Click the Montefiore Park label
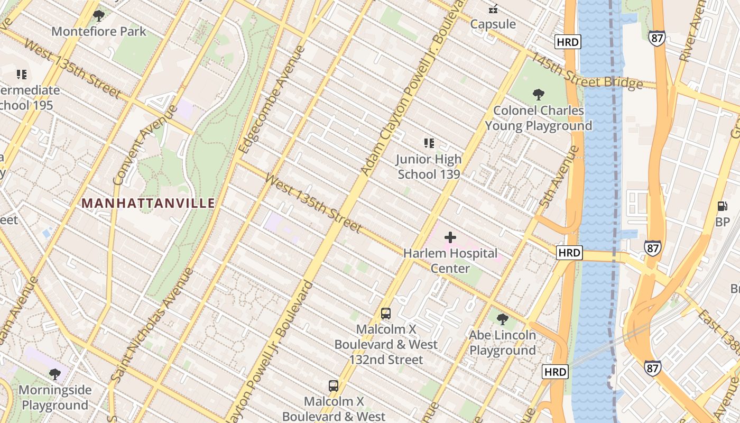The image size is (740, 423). point(99,31)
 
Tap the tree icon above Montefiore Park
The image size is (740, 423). point(99,16)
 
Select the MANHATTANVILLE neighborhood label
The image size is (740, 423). point(149,203)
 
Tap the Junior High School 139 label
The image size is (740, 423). point(429,167)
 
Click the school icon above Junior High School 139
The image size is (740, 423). point(429,143)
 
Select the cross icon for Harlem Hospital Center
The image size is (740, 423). point(450,237)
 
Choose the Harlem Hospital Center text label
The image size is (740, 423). point(450,261)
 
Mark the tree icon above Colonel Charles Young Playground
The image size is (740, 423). point(539,95)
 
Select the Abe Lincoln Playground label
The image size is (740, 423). point(503,343)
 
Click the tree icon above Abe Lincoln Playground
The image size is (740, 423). point(503,319)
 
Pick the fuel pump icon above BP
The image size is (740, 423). point(722,206)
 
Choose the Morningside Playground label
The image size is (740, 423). point(55,398)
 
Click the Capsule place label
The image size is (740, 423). point(493,24)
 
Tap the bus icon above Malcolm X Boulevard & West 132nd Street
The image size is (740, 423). point(386,313)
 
